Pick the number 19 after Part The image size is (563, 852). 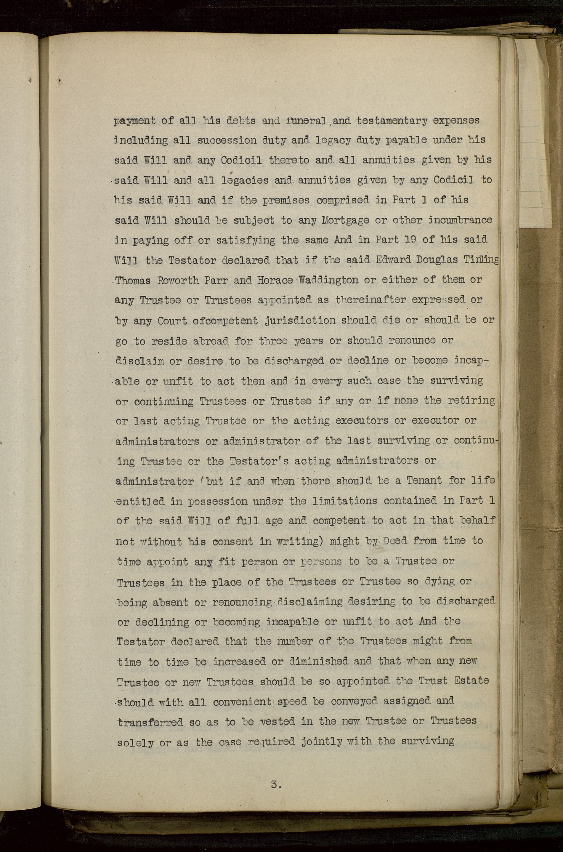coord(406,239)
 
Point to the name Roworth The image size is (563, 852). coord(178,280)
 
